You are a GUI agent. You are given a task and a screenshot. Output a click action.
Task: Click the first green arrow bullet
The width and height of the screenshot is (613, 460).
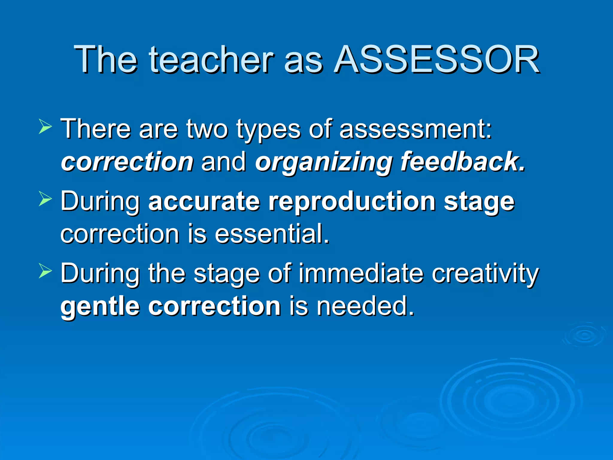45,126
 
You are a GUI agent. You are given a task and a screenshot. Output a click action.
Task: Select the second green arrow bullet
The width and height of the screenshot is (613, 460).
45,199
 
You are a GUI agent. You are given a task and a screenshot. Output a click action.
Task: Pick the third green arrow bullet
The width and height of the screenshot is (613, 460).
45,272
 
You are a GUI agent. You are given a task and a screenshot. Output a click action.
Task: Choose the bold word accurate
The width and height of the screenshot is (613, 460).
204,201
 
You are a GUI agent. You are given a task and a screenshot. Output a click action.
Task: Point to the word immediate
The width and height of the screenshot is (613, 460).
361,273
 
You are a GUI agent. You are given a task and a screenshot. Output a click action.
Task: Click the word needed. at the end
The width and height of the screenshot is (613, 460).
365,306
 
